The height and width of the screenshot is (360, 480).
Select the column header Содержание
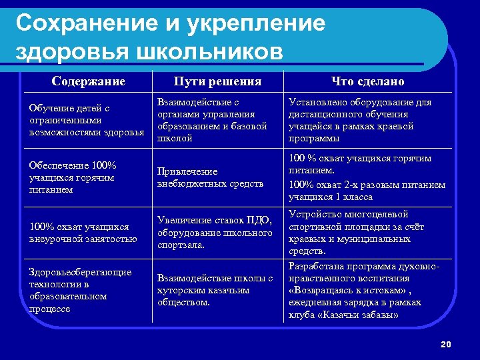point(89,81)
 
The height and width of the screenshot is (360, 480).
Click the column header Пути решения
point(217,81)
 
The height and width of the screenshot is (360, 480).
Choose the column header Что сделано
point(368,81)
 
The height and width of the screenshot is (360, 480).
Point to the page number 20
point(446,344)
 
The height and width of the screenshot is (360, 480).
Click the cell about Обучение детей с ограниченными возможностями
point(87,120)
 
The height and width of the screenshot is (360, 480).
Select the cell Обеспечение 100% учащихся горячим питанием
point(73,177)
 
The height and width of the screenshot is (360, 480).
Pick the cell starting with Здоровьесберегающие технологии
point(81,290)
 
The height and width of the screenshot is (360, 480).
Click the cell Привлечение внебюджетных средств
point(210,177)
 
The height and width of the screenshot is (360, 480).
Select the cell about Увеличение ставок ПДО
point(215,233)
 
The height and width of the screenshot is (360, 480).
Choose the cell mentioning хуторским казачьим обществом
point(215,290)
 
